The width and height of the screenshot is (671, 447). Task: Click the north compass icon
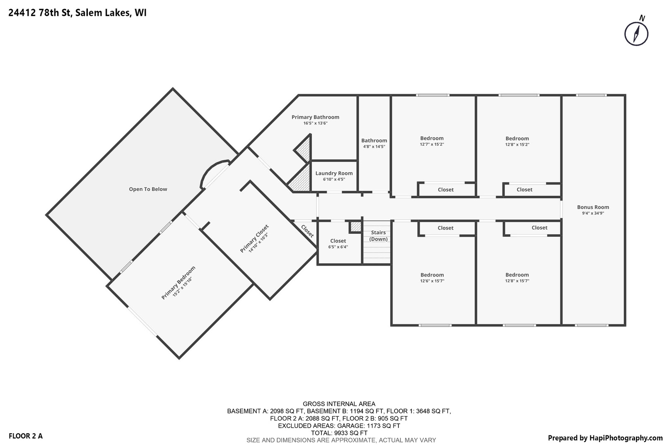click(x=636, y=33)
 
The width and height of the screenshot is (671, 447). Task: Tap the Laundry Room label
click(x=334, y=173)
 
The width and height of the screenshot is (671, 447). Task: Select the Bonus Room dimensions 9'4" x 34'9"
click(x=593, y=214)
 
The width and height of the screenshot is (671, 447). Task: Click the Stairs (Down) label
click(x=378, y=236)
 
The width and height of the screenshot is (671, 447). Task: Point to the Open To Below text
click(x=148, y=189)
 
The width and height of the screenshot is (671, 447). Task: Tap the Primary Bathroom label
click(x=315, y=117)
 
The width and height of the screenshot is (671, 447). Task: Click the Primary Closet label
click(x=254, y=238)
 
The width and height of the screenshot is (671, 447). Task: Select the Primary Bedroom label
click(x=178, y=283)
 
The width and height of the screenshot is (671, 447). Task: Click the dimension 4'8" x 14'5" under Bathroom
click(x=374, y=147)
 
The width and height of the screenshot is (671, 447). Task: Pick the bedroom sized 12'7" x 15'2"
click(x=432, y=141)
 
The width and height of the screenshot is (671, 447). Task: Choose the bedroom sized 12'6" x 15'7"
click(x=432, y=278)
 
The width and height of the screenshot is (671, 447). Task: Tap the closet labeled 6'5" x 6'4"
click(x=338, y=243)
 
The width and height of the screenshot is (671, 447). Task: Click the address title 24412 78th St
click(x=77, y=13)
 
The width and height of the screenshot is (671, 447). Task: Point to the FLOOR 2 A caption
click(x=26, y=436)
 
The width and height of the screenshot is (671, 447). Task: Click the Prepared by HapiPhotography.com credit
click(x=605, y=438)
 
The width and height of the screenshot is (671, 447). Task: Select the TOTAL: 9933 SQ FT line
click(x=339, y=433)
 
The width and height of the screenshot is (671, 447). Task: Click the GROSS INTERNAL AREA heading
click(x=339, y=404)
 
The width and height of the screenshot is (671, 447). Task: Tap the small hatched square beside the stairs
click(x=355, y=227)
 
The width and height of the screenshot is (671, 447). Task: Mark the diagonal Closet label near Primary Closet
click(x=307, y=231)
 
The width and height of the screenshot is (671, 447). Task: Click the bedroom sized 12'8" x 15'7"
click(x=517, y=278)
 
